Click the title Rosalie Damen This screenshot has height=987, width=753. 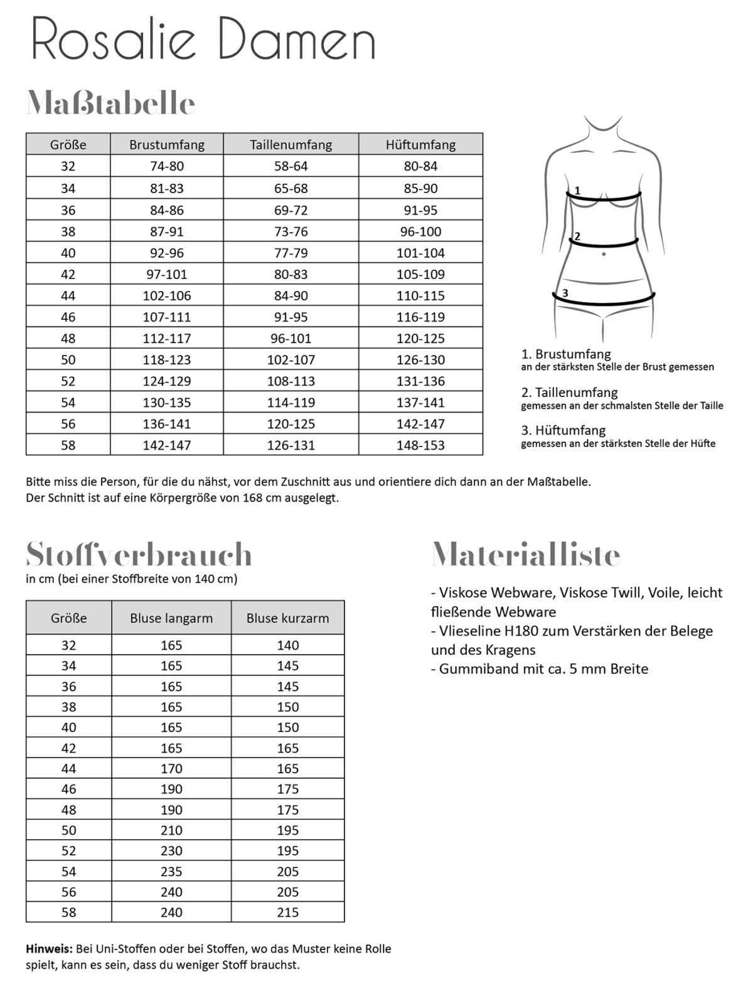[x=203, y=40]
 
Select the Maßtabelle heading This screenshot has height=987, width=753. [x=110, y=103]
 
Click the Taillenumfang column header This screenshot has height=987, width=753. [x=291, y=145]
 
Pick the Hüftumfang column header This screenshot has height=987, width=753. [x=420, y=145]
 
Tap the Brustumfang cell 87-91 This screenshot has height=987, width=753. [x=166, y=231]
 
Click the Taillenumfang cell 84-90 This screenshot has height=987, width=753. [x=291, y=295]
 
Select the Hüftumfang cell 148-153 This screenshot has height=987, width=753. [x=420, y=445]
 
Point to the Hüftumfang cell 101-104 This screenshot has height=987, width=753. [x=420, y=253]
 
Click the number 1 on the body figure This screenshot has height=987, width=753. [x=577, y=190]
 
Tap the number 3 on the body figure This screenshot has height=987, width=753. [x=565, y=293]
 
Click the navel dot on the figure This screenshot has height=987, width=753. [x=604, y=254]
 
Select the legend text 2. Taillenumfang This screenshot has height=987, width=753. [x=569, y=393]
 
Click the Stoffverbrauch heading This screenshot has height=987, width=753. [x=139, y=554]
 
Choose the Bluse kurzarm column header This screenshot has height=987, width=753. [x=287, y=618]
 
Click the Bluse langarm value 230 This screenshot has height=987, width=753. [x=171, y=850]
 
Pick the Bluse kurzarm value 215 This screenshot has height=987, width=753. [x=287, y=912]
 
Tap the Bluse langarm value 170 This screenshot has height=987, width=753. [x=171, y=768]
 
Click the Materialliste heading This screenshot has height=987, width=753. [x=526, y=554]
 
